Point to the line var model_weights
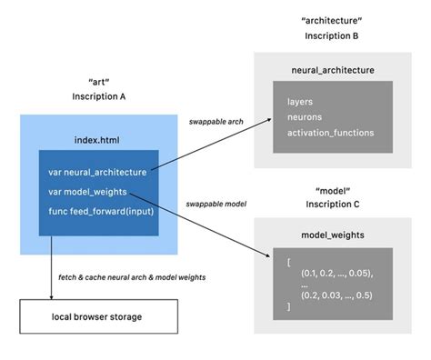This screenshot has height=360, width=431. pyautogui.click(x=88, y=191)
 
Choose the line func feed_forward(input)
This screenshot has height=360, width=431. pyautogui.click(x=101, y=212)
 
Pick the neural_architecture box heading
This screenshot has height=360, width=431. pyautogui.click(x=332, y=69)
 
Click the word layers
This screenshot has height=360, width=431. pyautogui.click(x=299, y=101)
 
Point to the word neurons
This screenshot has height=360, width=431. pyautogui.click(x=304, y=117)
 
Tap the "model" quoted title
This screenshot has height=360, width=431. pyautogui.click(x=332, y=190)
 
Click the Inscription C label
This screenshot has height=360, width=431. pyautogui.click(x=332, y=205)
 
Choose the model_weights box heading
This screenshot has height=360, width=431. pyautogui.click(x=332, y=235)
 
